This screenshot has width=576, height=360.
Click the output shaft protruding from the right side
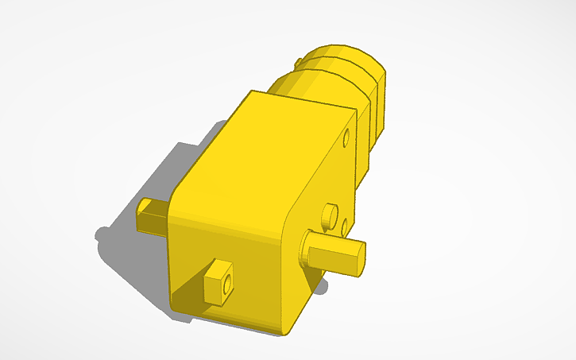tap(334, 257)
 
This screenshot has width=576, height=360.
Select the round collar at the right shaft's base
tap(306, 251)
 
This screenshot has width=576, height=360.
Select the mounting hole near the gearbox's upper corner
tap(346, 140)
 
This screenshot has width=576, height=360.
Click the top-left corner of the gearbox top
tap(251, 93)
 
